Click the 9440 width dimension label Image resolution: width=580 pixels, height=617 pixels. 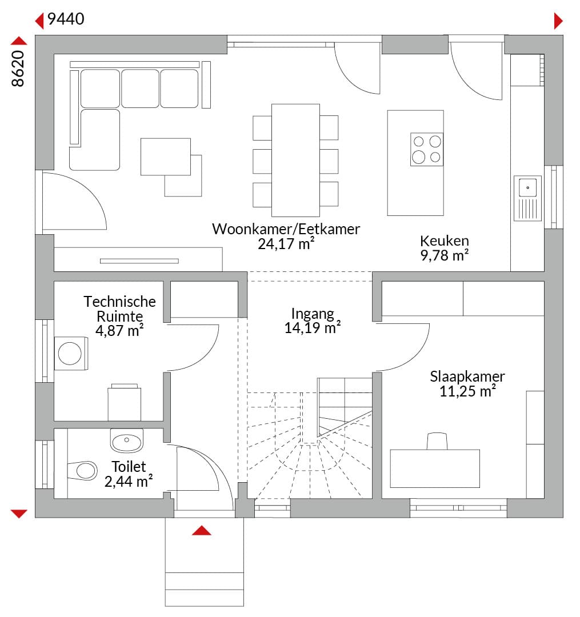[66, 19]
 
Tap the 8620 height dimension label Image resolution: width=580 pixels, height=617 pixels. [18, 69]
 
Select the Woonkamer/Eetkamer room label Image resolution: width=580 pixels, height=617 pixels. [286, 229]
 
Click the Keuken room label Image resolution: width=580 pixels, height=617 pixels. [444, 241]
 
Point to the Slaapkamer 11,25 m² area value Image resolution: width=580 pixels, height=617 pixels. [467, 391]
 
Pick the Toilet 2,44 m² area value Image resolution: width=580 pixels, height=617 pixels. [128, 482]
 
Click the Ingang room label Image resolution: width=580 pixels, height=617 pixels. [313, 314]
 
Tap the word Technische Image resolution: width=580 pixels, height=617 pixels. [119, 302]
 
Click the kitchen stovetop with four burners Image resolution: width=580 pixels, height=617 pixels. [427, 150]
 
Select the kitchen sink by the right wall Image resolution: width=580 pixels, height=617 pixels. [527, 198]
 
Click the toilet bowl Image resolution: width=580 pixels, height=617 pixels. [83, 470]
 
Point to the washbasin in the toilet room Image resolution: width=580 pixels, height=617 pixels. [127, 440]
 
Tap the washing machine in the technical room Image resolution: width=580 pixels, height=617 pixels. [71, 353]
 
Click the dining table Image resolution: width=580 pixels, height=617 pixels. [295, 160]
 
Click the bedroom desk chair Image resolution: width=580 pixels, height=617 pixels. [437, 441]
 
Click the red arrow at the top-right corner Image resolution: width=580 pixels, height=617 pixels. [558, 21]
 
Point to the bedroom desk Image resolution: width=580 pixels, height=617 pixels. [435, 468]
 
